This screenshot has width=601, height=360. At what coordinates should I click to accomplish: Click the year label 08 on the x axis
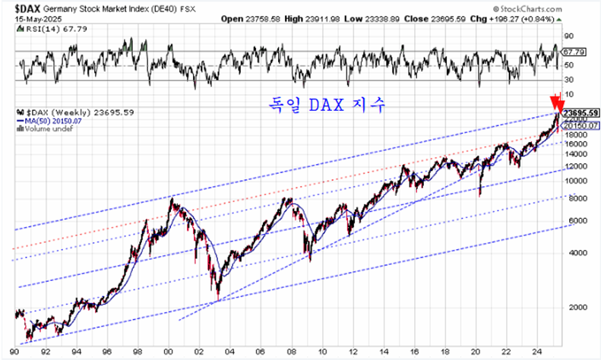click(286, 352)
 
